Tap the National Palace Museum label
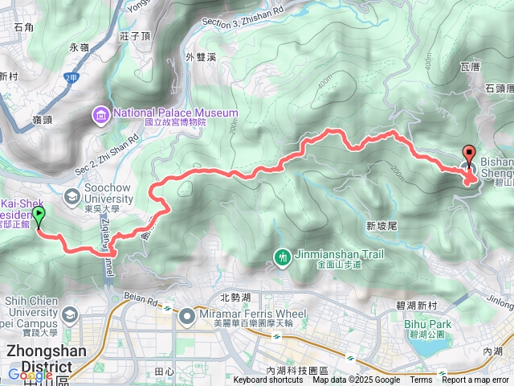coord(176,113)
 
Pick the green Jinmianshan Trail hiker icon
coord(281,257)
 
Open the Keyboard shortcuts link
coord(268,380)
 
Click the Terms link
coord(421,380)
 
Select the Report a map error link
coord(476,380)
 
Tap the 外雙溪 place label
coord(201,57)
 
